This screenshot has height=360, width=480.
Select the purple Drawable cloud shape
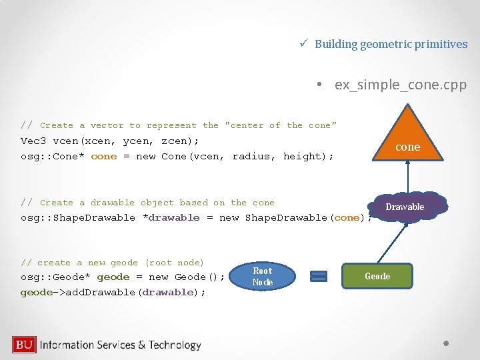(405, 207)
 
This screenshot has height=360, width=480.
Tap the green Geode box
(377, 276)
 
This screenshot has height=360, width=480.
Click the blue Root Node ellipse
(263, 276)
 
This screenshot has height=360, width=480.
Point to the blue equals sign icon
(319, 276)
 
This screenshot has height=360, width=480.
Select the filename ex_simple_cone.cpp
(400, 85)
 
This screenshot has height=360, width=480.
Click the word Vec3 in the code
(32, 141)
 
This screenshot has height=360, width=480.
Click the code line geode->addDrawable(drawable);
(113, 292)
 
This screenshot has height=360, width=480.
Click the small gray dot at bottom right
(447, 344)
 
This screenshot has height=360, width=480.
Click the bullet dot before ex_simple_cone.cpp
(320, 85)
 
